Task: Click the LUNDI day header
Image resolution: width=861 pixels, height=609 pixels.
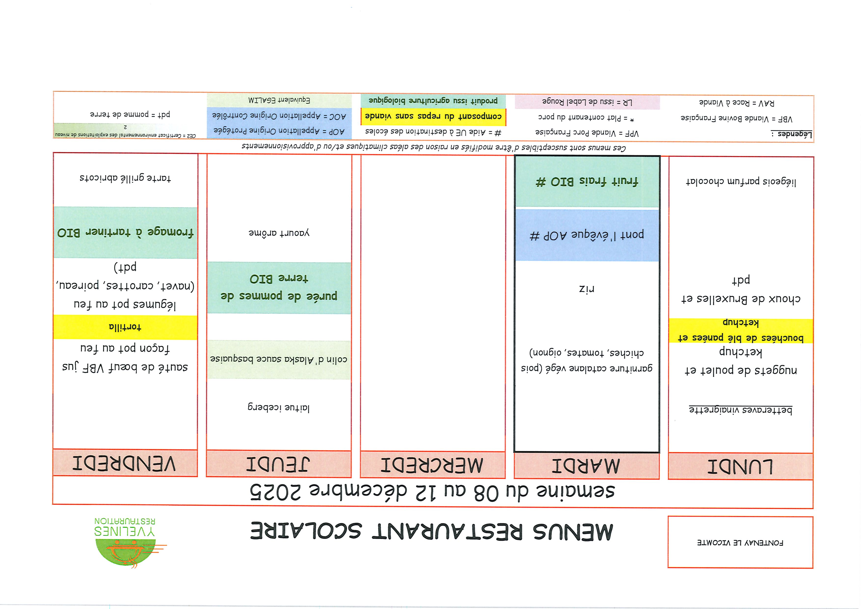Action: [x=740, y=466]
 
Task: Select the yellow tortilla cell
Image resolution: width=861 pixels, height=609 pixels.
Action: [x=125, y=327]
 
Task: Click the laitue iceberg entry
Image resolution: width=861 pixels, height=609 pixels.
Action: [x=279, y=407]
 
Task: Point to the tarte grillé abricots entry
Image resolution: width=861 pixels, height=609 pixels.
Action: [x=125, y=178]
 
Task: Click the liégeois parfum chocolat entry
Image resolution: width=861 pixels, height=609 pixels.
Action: [x=741, y=182]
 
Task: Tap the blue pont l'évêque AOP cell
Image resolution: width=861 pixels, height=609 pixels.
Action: [x=587, y=235]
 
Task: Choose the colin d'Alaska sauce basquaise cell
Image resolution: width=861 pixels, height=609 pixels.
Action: [x=279, y=360]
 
